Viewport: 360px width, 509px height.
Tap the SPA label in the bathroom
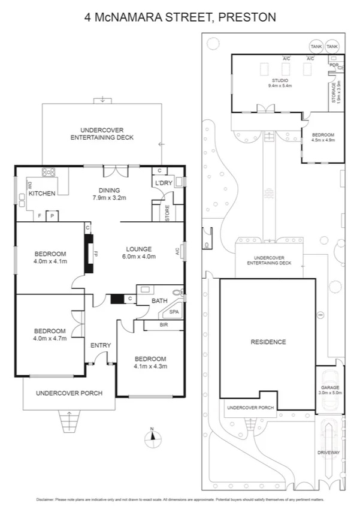[x=174, y=312]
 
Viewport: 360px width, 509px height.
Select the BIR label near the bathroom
[x=163, y=325]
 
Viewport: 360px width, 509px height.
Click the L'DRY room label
[x=164, y=183]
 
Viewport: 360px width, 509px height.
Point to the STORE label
[x=168, y=213]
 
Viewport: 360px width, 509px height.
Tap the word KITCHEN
[x=42, y=194]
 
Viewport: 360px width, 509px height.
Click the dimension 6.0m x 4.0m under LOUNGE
[x=139, y=257]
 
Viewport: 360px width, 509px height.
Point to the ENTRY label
[x=101, y=345]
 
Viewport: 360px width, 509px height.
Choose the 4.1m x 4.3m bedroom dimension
[x=150, y=366]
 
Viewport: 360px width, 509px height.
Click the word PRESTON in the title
[x=247, y=17]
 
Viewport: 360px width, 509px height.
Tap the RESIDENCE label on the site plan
[x=268, y=342]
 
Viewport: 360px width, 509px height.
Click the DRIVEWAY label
[x=329, y=453]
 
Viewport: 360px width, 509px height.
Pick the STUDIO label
[x=280, y=80]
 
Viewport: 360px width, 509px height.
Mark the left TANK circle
[x=316, y=46]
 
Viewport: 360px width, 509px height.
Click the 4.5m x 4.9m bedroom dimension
[x=323, y=140]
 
